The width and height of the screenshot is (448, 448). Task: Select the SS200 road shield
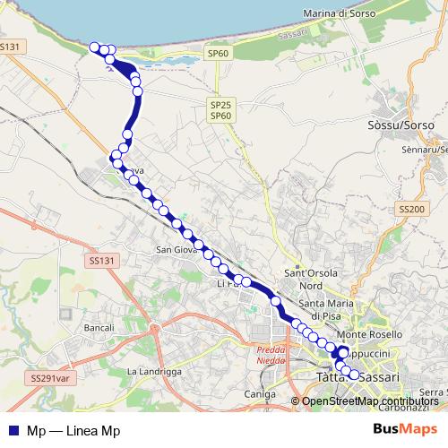411,208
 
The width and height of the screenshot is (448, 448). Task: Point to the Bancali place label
99,329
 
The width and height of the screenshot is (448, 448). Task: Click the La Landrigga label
154,370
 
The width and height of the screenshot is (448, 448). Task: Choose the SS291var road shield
48,379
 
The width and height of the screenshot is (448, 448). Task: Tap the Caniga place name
259,393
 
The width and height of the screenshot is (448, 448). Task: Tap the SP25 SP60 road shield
220,110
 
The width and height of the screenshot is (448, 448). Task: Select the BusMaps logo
400,429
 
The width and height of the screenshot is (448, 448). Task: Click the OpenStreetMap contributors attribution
370,401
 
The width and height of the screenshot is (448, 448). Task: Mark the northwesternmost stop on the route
94,47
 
